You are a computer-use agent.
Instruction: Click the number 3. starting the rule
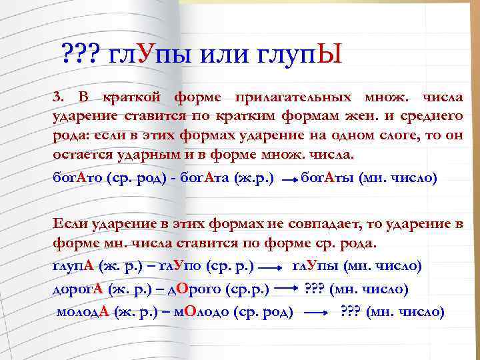58,99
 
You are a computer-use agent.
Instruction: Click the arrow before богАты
287,180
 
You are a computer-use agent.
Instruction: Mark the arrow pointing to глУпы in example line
270,267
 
